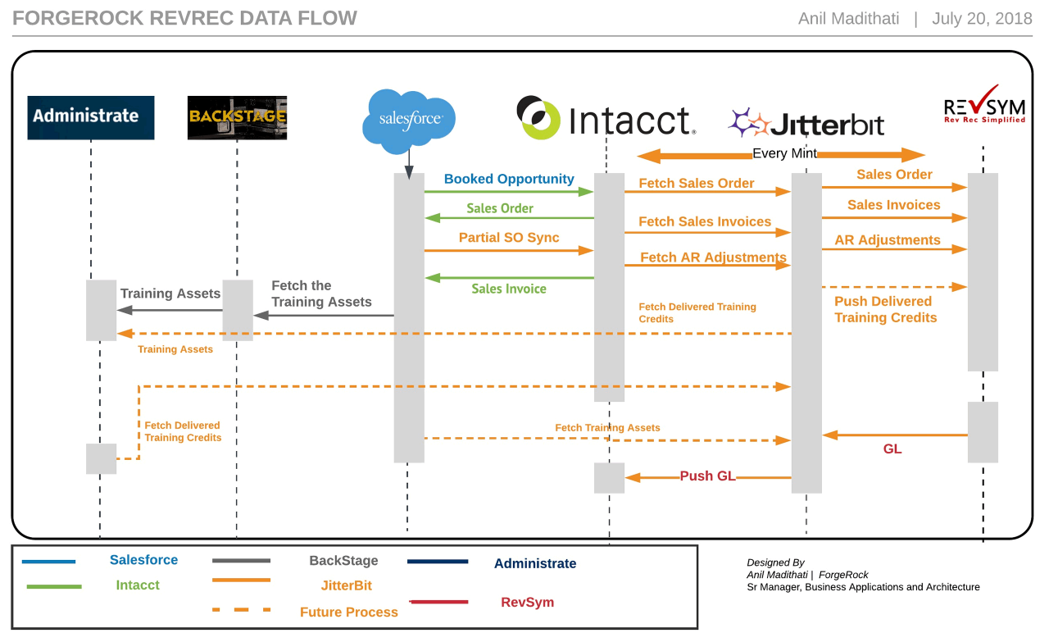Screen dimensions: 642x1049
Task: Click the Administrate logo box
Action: click(x=90, y=117)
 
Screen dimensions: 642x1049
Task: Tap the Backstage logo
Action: click(x=237, y=117)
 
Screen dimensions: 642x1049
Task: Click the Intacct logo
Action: click(x=606, y=119)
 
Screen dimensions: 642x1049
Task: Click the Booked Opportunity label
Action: click(x=509, y=179)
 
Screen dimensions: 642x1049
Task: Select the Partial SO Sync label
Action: click(x=509, y=238)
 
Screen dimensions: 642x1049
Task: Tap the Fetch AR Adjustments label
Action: click(x=713, y=257)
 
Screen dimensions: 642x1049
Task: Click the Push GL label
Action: click(x=707, y=476)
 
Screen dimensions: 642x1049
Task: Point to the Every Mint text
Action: click(x=784, y=154)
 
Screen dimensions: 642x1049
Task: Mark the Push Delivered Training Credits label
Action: click(x=885, y=309)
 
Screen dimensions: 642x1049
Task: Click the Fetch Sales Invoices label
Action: click(x=705, y=221)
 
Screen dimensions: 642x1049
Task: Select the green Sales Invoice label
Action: click(x=508, y=289)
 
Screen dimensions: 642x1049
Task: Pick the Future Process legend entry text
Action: click(x=348, y=612)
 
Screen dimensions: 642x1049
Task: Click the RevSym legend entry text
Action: click(x=527, y=602)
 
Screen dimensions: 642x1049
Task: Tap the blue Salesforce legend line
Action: click(x=48, y=562)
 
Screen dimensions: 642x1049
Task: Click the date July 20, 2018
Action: click(x=981, y=19)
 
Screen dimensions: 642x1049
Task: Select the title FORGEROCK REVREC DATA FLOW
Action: click(x=185, y=18)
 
